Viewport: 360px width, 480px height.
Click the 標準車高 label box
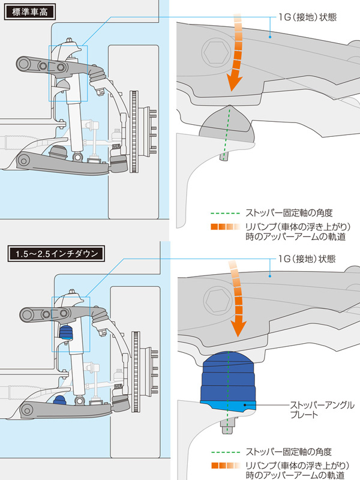click(x=29, y=12)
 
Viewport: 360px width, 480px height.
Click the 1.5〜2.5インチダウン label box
click(x=56, y=253)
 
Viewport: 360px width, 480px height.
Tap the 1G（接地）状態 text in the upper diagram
click(x=307, y=17)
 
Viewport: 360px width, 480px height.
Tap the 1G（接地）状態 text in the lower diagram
click(x=307, y=259)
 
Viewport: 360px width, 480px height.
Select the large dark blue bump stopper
click(x=228, y=376)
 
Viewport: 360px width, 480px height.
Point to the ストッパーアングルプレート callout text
click(x=322, y=410)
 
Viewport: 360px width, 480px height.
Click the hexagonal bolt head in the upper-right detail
click(x=216, y=52)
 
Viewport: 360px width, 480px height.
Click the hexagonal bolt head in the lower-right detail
click(x=217, y=301)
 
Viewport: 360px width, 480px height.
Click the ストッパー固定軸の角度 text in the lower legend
click(x=289, y=452)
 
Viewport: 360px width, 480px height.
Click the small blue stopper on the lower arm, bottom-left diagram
click(x=59, y=400)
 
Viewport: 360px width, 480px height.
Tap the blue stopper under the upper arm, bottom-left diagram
click(x=65, y=333)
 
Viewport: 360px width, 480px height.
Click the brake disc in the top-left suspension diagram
click(x=134, y=131)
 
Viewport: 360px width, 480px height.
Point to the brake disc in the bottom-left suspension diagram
click(x=136, y=371)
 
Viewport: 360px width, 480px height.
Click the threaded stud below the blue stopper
click(x=226, y=426)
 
